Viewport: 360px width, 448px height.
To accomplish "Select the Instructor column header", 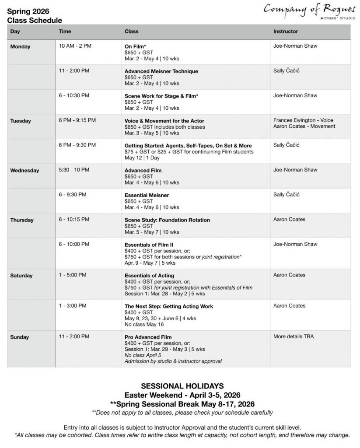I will [286, 31].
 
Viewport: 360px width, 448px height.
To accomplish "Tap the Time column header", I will [65, 31].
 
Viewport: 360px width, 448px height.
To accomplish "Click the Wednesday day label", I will [24, 171].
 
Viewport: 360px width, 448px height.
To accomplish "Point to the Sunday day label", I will [20, 337].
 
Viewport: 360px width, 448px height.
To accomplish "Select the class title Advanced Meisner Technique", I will [161, 71].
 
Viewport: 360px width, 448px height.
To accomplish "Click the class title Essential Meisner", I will [147, 195].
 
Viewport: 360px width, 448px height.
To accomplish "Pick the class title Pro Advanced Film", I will [148, 337].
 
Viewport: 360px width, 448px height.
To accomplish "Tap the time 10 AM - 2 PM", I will [75, 46].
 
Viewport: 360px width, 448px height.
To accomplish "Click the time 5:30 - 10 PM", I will [74, 170].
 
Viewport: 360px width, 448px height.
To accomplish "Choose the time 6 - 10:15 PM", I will [74, 219].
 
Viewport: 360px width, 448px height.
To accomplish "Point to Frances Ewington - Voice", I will [303, 120].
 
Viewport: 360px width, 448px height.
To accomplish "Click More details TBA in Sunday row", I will [294, 336].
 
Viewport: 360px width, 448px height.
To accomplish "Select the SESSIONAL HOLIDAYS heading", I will [182, 386].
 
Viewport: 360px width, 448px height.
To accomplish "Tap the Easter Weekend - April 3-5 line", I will [182, 395].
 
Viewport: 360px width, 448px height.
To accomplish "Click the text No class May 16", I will [144, 325].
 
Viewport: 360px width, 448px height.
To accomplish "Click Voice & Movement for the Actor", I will [164, 121].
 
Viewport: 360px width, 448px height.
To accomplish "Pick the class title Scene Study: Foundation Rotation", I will [167, 220].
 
